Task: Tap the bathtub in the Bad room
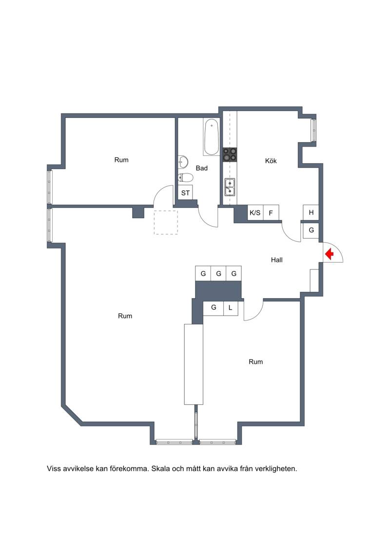pyautogui.click(x=211, y=137)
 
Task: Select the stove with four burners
pyautogui.click(x=230, y=155)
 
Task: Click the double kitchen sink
pyautogui.click(x=230, y=187)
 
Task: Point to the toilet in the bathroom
pyautogui.click(x=185, y=177)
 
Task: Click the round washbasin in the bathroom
pyautogui.click(x=183, y=162)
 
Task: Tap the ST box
pyautogui.click(x=185, y=193)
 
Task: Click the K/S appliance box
pyautogui.click(x=255, y=212)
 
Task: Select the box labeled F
pyautogui.click(x=271, y=212)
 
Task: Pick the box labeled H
pyautogui.click(x=311, y=212)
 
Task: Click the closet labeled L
pyautogui.click(x=230, y=308)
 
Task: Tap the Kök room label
pyautogui.click(x=271, y=161)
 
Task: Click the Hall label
pyautogui.click(x=277, y=260)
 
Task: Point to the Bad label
pyautogui.click(x=201, y=169)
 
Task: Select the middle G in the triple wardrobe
pyautogui.click(x=218, y=273)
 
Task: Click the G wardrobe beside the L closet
pyautogui.click(x=214, y=308)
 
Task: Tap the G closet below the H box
pyautogui.click(x=311, y=230)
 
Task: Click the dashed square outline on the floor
pyautogui.click(x=166, y=223)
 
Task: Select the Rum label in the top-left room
pyautogui.click(x=121, y=160)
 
